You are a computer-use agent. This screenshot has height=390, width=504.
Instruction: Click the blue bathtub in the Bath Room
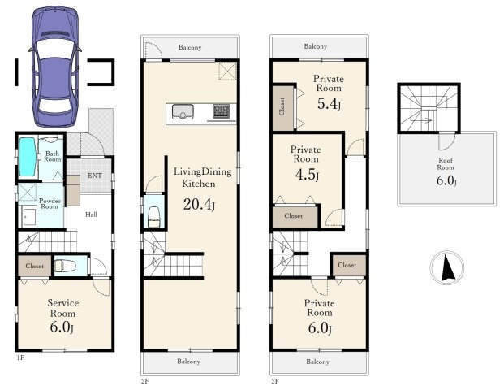(27, 157)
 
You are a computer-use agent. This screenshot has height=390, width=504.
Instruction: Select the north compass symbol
(447, 267)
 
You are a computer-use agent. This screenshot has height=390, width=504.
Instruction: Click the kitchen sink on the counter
(183, 111)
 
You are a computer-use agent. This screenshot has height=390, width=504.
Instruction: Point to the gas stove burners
(222, 111)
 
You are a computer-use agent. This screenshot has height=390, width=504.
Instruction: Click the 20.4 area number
(199, 204)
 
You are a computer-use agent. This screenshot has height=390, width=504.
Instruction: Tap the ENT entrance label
(95, 175)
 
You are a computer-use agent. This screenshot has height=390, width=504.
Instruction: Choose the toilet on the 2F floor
(153, 217)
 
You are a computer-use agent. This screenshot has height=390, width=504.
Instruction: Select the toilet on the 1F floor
(65, 266)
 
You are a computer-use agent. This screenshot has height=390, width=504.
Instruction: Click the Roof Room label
(446, 164)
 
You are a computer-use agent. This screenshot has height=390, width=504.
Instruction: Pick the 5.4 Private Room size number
(329, 104)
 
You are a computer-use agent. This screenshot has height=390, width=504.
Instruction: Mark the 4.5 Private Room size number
(307, 175)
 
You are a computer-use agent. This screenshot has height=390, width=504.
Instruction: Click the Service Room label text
(63, 308)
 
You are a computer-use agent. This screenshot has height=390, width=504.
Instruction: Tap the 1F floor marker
(20, 357)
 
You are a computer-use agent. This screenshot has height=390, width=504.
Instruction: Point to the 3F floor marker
(275, 381)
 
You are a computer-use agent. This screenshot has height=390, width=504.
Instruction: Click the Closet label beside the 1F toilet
(34, 266)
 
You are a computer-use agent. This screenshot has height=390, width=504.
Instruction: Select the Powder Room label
(50, 204)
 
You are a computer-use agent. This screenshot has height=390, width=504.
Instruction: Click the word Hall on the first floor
(91, 214)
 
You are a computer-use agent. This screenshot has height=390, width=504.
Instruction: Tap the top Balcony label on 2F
(190, 47)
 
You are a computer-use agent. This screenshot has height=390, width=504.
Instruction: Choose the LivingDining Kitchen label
(202, 177)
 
